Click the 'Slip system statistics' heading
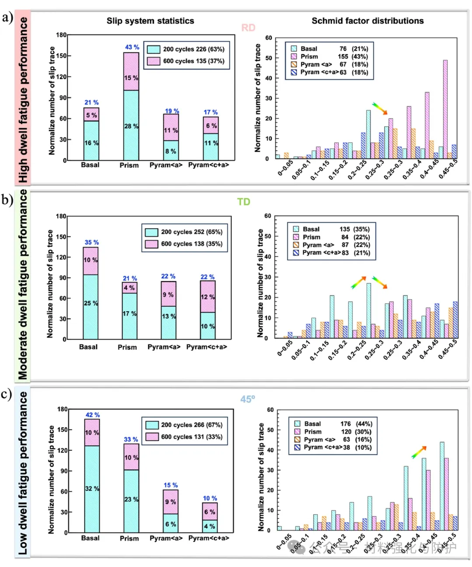tap(150, 21)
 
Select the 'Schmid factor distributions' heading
tap(367, 21)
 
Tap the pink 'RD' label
tap(248, 28)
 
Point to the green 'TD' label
tap(243, 202)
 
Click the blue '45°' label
tap(247, 399)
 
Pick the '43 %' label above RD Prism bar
tap(132, 47)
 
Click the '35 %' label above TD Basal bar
tap(92, 242)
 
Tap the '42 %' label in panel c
tap(92, 415)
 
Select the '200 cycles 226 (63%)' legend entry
tap(186, 49)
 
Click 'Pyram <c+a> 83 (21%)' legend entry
tap(332, 253)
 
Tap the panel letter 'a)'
tap(7, 17)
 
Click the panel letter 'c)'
tap(7, 394)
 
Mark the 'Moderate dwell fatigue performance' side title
tap(23, 284)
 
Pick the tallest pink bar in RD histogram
tap(445, 109)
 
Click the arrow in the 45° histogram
tap(419, 452)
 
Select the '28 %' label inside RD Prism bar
tap(131, 126)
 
